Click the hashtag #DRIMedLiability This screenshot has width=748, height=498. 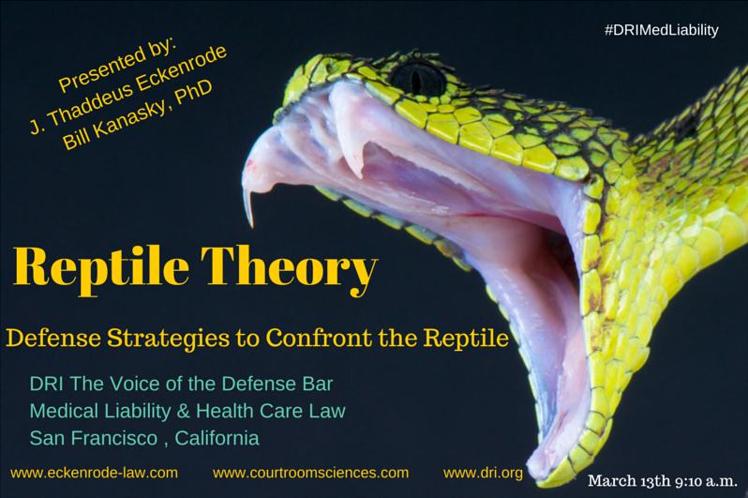tap(661, 30)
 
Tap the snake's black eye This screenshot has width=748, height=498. tap(418, 79)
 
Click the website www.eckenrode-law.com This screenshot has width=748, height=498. tap(94, 473)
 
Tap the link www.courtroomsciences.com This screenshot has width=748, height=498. tap(310, 473)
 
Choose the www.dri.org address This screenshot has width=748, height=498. tap(483, 473)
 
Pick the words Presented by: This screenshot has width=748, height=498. tap(117, 66)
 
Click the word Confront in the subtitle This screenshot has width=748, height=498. tap(319, 338)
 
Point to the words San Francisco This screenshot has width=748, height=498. tap(94, 438)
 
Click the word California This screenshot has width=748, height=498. tap(217, 438)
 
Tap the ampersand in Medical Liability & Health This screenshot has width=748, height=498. tap(183, 411)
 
